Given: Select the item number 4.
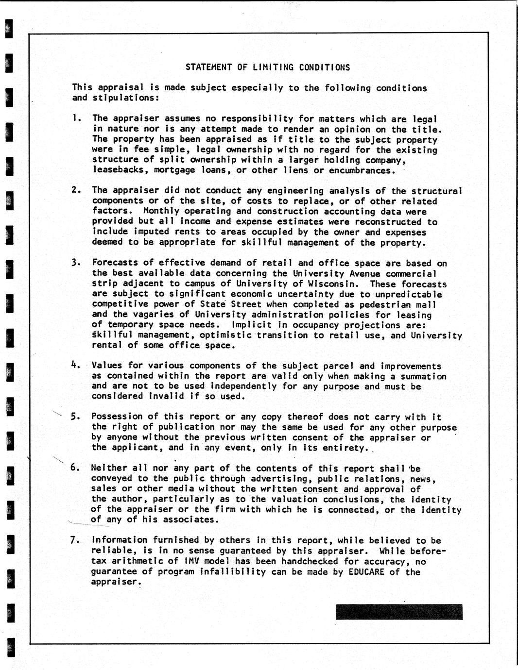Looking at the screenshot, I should [75, 365].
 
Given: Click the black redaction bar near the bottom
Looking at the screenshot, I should [399, 612].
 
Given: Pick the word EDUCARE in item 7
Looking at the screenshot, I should [366, 571].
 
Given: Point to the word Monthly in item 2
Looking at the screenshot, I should [162, 211].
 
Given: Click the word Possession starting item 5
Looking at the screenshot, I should [117, 417].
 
